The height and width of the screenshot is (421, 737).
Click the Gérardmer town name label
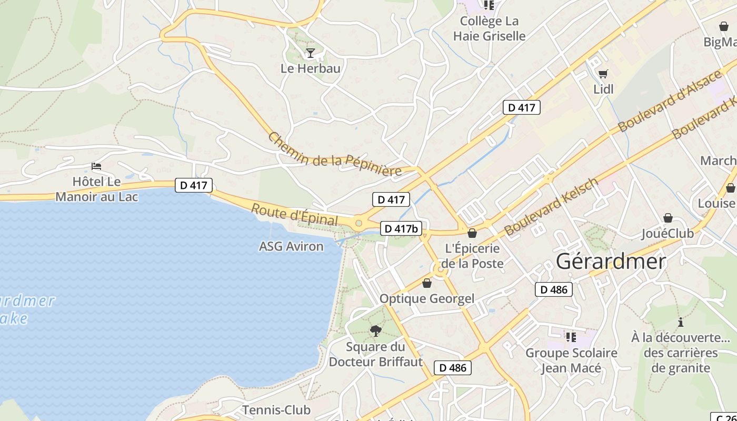[611, 261]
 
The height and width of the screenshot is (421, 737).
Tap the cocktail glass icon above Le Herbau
[311, 53]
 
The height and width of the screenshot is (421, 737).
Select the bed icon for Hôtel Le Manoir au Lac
[96, 166]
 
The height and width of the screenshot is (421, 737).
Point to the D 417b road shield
[401, 228]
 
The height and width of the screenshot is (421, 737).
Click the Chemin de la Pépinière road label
[335, 156]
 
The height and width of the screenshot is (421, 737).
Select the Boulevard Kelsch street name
[551, 207]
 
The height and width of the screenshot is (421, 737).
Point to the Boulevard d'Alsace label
[670, 101]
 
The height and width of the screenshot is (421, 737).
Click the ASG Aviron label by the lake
[291, 246]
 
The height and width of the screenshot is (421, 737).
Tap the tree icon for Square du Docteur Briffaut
[375, 330]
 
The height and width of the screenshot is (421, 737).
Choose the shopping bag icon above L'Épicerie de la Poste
[472, 233]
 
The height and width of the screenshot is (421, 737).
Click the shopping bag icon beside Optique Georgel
[427, 284]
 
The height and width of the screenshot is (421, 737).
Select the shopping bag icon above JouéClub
[668, 218]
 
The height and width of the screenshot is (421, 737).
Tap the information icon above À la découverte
[680, 322]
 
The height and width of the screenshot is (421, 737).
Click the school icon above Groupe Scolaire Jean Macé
[571, 337]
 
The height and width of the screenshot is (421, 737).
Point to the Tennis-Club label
[276, 409]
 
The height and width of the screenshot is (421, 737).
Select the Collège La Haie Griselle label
[489, 28]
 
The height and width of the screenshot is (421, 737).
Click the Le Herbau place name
[310, 68]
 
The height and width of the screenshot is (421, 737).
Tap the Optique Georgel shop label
[427, 299]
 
